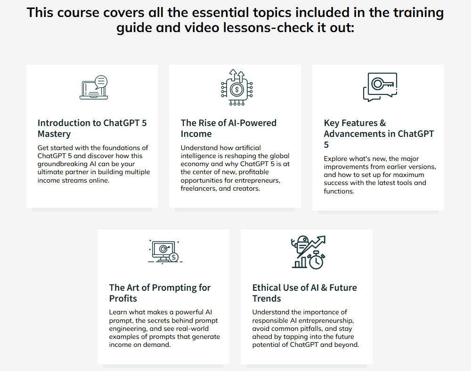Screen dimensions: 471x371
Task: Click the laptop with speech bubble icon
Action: click(x=94, y=87)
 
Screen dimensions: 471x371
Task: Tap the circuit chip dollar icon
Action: click(x=237, y=87)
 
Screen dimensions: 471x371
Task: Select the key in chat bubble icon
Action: click(x=380, y=87)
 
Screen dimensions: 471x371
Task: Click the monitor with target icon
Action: click(x=165, y=252)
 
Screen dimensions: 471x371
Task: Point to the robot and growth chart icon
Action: click(x=308, y=253)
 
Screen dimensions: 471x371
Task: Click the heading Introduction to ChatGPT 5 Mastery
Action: click(x=92, y=128)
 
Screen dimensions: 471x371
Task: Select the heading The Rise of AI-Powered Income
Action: click(x=228, y=128)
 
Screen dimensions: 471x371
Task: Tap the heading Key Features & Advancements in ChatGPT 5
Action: click(x=379, y=134)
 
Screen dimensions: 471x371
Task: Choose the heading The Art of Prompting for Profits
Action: click(x=160, y=293)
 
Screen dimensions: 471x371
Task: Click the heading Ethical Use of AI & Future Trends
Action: click(x=305, y=293)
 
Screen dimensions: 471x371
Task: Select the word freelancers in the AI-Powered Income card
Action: click(x=199, y=189)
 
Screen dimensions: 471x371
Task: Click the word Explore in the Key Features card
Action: click(x=334, y=159)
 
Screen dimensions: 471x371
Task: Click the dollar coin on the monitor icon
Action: click(x=174, y=257)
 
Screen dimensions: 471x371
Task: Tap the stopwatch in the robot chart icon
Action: click(x=317, y=260)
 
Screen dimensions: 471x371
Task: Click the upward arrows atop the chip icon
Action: click(x=237, y=75)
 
